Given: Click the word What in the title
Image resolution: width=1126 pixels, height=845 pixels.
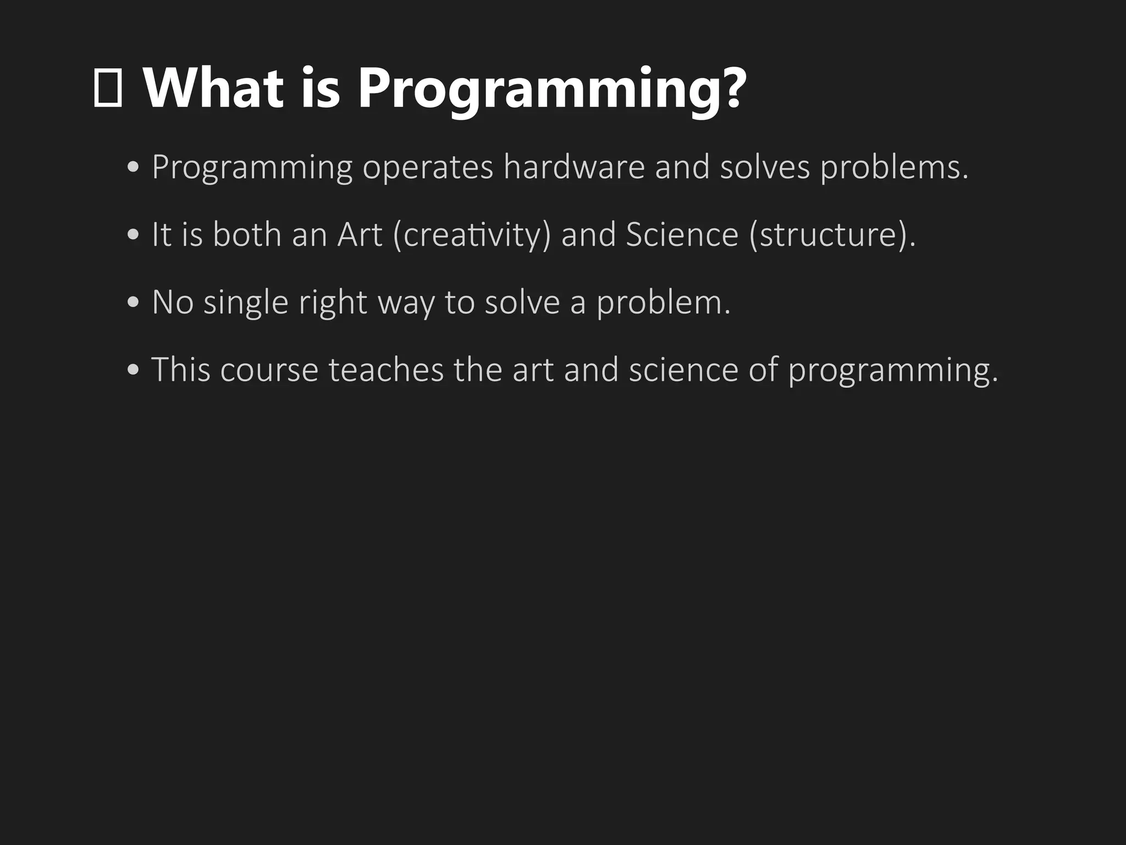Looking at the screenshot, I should (x=213, y=88).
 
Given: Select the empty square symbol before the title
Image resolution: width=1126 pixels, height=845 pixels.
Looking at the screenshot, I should (x=108, y=88).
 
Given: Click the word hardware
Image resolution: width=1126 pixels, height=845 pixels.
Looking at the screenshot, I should (x=573, y=167).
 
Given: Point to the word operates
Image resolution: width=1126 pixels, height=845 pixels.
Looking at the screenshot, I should (x=428, y=168).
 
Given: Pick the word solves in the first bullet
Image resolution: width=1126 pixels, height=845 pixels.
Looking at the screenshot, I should (x=765, y=167).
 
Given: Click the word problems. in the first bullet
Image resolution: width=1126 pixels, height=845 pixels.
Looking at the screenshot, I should (x=894, y=168).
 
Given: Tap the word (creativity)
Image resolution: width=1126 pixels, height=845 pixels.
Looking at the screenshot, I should (x=472, y=235).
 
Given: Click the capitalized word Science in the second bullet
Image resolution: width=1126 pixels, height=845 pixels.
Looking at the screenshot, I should (x=682, y=234).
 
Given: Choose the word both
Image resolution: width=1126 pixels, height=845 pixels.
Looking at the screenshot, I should (x=247, y=234).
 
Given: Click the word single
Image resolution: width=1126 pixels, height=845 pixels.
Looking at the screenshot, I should (x=246, y=303).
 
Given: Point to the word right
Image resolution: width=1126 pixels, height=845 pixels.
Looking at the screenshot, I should (x=333, y=303).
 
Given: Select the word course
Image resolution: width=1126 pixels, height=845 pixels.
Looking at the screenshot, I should (x=269, y=370).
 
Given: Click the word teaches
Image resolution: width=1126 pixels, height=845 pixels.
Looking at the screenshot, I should (x=386, y=369).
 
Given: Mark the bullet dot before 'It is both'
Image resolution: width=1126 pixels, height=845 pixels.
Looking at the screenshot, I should (x=133, y=235).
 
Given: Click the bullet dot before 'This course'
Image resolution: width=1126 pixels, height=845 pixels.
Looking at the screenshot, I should (x=133, y=370).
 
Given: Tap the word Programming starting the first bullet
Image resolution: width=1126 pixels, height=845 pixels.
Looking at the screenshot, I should (x=252, y=168).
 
